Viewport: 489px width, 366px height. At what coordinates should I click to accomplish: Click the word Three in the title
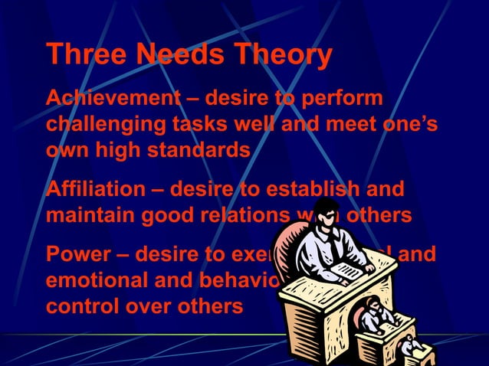pyautogui.click(x=84, y=55)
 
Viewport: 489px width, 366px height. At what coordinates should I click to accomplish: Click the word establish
pyautogui.click(x=338, y=188)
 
